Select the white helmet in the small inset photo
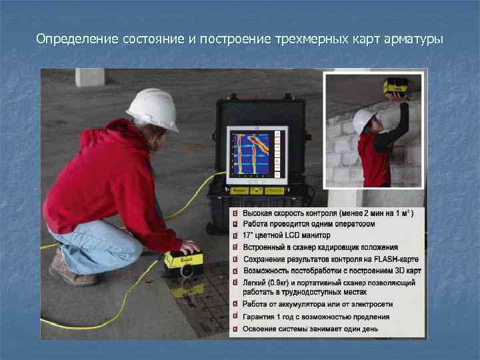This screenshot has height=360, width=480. click(363, 120)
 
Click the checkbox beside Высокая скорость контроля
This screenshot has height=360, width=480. click(235, 213)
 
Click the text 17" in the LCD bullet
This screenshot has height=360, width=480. click(249, 236)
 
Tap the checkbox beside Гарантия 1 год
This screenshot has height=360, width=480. click(235, 317)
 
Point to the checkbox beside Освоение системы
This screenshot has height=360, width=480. click(235, 329)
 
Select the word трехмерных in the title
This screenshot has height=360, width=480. click(308, 39)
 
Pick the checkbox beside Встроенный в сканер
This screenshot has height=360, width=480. click(235, 247)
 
